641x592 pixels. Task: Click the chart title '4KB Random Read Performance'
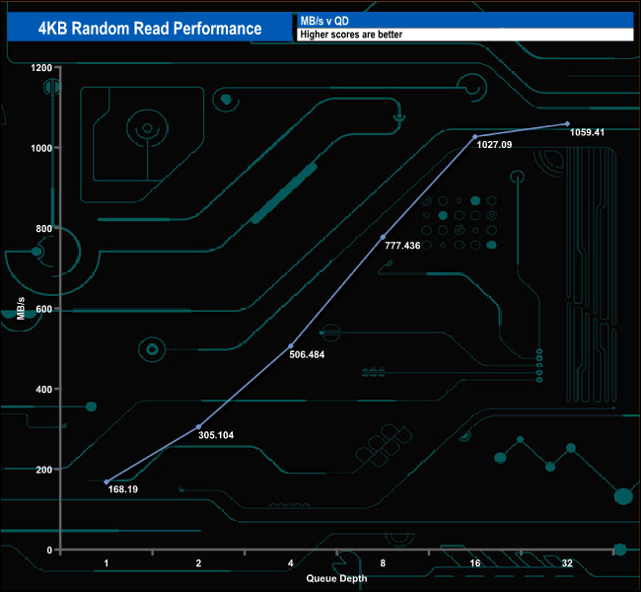coord(150,28)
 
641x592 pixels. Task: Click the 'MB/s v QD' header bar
coord(463,20)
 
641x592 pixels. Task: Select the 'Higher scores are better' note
coord(463,35)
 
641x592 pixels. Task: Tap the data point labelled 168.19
coord(107,481)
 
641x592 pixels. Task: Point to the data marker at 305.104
coord(199,426)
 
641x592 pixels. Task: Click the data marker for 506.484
coord(291,345)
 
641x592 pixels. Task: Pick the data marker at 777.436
coord(383,237)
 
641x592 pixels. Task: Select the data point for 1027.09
coord(475,136)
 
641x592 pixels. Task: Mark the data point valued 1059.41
coord(567,123)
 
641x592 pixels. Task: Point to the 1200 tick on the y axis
coord(40,68)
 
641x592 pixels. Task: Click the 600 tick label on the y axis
coord(43,309)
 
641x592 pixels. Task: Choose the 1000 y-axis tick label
coord(40,148)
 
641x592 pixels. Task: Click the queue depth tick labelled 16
coord(475,562)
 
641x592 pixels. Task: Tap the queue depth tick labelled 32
coord(567,562)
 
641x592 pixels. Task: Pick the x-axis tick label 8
coord(383,562)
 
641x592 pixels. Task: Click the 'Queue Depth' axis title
coord(335,577)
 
